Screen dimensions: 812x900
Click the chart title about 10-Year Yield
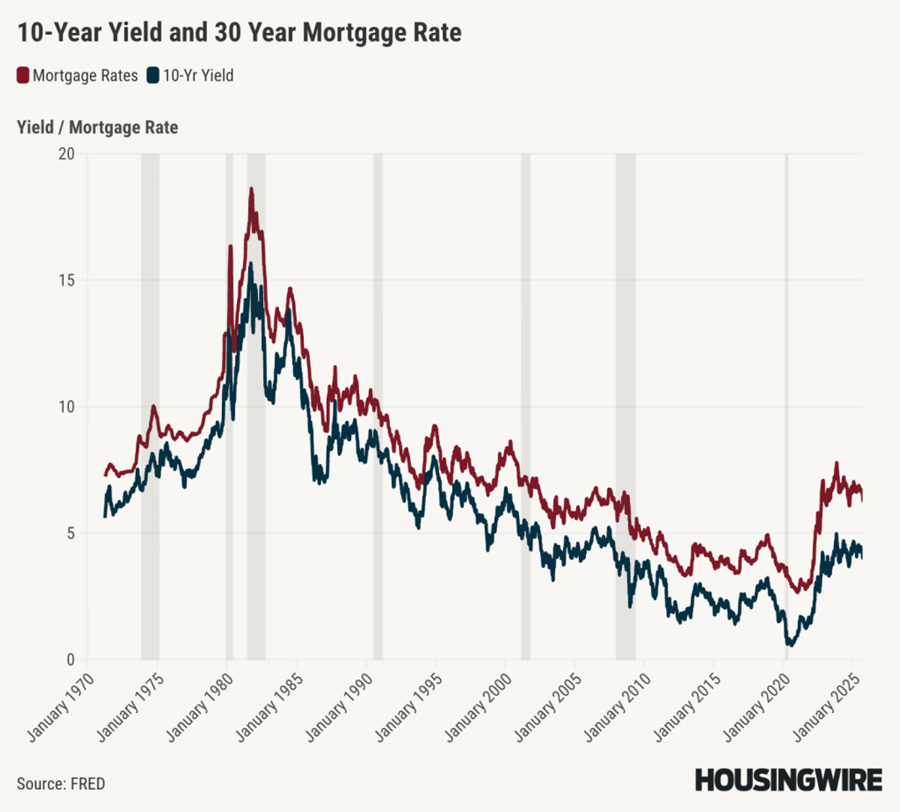point(239,33)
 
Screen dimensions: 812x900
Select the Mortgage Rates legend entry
point(85,76)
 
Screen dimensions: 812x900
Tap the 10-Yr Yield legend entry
point(198,76)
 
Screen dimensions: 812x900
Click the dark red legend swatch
point(22,76)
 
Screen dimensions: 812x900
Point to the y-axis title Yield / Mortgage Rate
point(97,128)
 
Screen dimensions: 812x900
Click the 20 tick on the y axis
point(67,154)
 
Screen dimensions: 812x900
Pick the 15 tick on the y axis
point(67,281)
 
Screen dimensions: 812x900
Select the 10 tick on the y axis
point(67,407)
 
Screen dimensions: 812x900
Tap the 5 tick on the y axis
point(70,534)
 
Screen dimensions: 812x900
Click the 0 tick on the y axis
point(70,660)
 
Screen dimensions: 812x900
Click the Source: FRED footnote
point(61,783)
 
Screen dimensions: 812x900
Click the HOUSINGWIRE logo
point(788,780)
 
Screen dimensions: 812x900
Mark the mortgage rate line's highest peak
point(251,189)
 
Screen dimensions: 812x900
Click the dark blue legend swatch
point(153,76)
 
